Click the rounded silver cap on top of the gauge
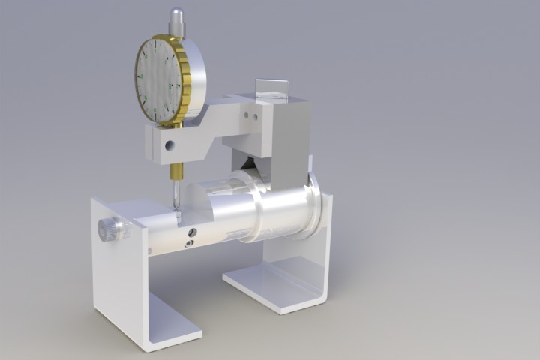pos(176,16)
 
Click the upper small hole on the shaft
pos(193,232)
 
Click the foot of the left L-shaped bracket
pos(172,326)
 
